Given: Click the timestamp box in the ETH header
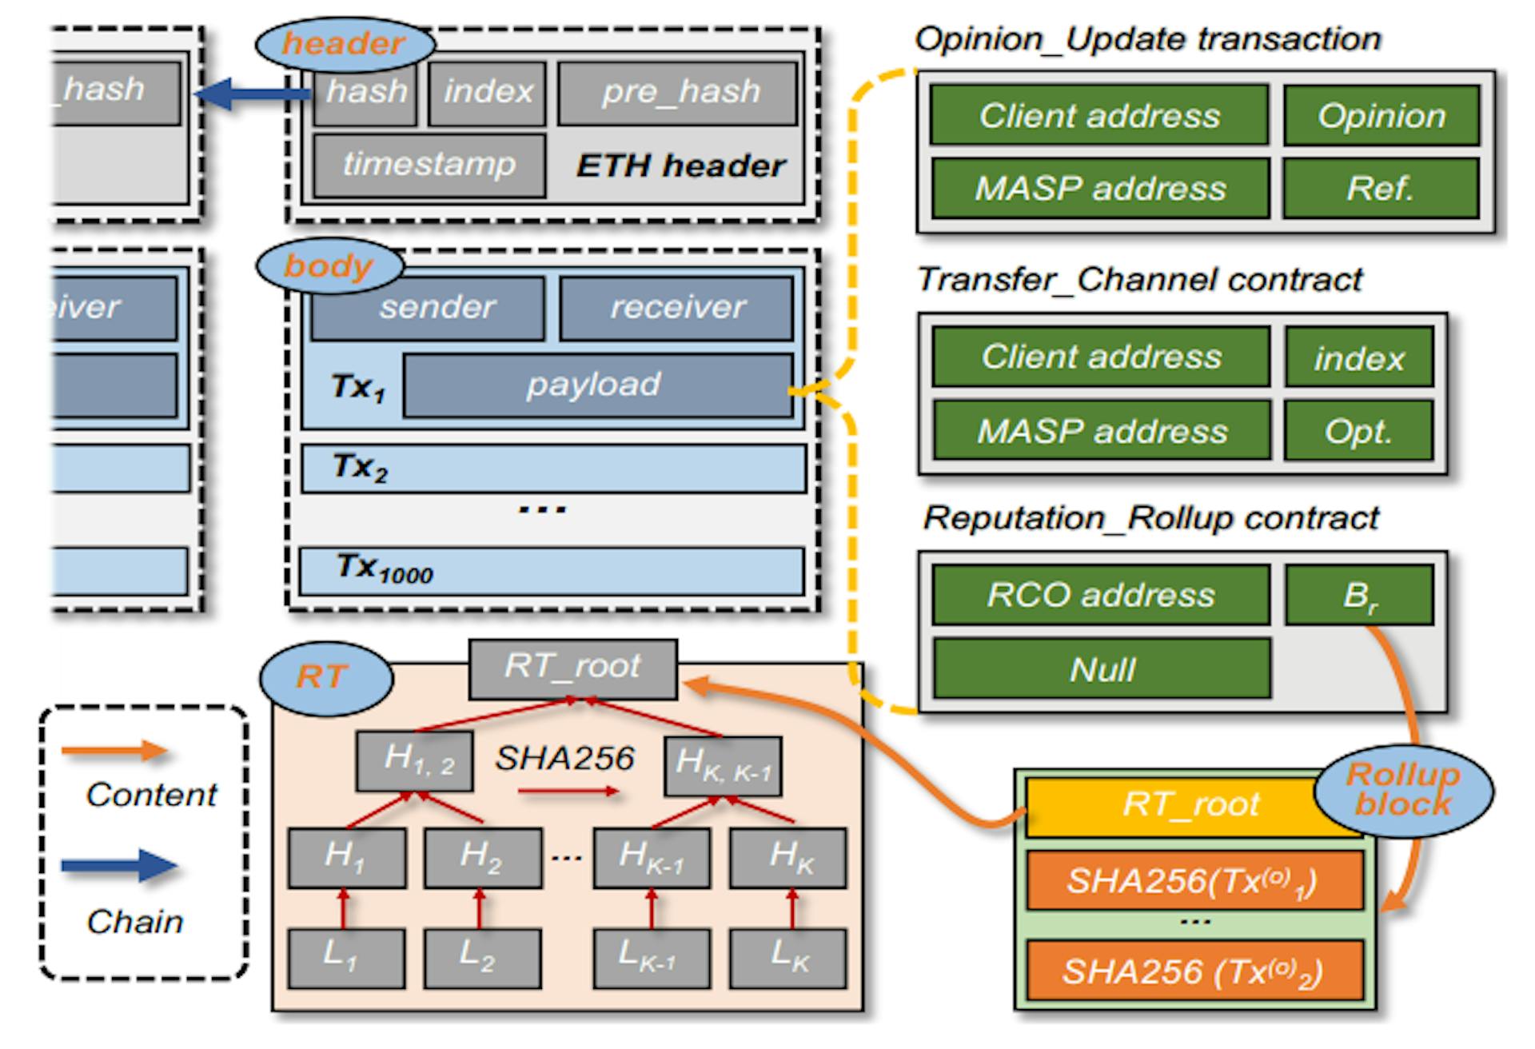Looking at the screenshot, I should click(429, 166).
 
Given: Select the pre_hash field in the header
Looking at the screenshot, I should click(678, 93).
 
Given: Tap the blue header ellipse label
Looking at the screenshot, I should click(344, 43).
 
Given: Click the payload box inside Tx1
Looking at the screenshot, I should click(596, 385).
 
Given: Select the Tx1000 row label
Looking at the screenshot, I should click(384, 568).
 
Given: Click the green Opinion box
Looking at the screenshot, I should click(1381, 116).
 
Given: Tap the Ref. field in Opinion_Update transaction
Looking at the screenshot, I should click(1381, 189).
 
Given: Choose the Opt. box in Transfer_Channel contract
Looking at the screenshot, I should click(1358, 432).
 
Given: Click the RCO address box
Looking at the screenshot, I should click(1101, 595).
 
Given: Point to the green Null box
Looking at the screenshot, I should click(1101, 668).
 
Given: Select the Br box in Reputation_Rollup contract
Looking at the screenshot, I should click(1358, 595).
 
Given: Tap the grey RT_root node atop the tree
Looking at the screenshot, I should click(572, 668).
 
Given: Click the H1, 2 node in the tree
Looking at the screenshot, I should click(415, 760).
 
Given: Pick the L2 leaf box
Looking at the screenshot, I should click(482, 957).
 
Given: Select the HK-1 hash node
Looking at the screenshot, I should click(651, 858).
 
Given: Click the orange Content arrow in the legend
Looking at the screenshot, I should click(114, 751).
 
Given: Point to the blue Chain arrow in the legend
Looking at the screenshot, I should click(120, 866).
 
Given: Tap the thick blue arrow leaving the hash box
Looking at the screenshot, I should click(252, 94).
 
